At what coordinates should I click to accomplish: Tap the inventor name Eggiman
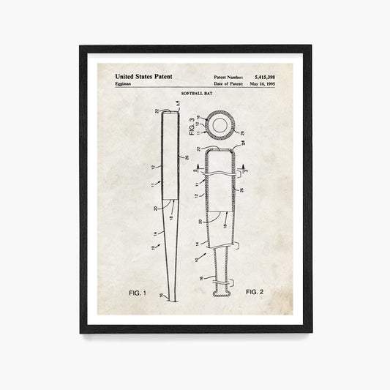127,84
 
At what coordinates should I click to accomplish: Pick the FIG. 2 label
254,291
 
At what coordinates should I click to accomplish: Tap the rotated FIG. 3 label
192,127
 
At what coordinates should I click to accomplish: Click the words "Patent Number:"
230,75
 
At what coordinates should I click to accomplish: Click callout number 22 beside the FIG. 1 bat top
157,110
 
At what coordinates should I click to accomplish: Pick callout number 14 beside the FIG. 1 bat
154,233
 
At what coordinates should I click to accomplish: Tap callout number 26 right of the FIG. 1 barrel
187,157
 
